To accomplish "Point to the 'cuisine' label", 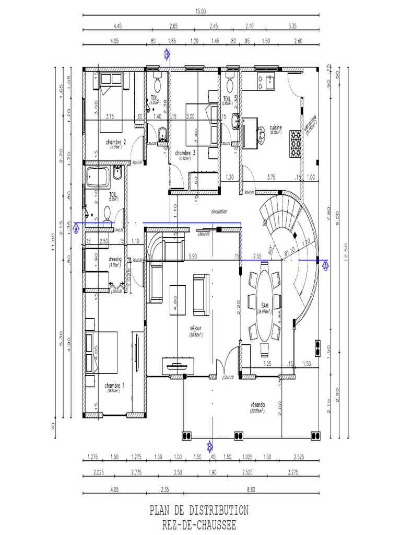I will (276, 127).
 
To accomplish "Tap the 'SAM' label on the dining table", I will (265, 306).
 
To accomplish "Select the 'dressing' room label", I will (115, 259).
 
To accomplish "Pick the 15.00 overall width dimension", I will (200, 11).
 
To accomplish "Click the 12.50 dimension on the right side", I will (346, 246).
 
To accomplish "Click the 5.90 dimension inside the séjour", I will (193, 257).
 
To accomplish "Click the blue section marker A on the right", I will (326, 265).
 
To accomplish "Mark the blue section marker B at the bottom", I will (209, 446).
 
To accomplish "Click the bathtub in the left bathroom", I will (99, 178).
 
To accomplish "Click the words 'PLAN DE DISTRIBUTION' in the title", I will (199, 509).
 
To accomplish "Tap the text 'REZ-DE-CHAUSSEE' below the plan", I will (199, 524).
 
